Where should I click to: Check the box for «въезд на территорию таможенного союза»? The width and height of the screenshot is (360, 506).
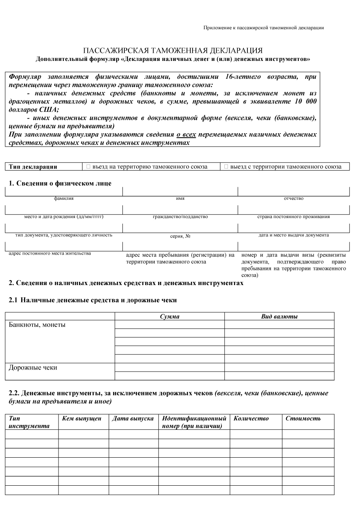(88, 167)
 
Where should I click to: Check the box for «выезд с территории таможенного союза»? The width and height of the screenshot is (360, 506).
(226, 167)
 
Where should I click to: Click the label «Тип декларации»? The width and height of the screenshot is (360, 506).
(33, 167)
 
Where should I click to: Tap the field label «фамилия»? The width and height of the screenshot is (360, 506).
(64, 199)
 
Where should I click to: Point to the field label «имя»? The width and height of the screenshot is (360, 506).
(180, 199)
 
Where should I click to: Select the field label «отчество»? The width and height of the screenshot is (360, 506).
(293, 199)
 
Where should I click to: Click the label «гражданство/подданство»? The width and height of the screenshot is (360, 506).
(180, 217)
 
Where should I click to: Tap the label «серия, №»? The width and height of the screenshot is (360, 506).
(180, 236)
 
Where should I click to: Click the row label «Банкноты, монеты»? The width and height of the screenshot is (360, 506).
(37, 325)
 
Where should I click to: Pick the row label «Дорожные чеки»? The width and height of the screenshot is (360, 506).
(33, 368)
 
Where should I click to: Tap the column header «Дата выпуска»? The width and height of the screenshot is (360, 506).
(133, 419)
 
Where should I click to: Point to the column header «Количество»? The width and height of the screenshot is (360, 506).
(251, 419)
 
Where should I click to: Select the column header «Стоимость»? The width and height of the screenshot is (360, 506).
(303, 419)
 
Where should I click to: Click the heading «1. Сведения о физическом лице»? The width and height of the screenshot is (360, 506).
(60, 184)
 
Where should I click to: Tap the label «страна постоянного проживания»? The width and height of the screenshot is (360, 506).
(293, 217)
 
